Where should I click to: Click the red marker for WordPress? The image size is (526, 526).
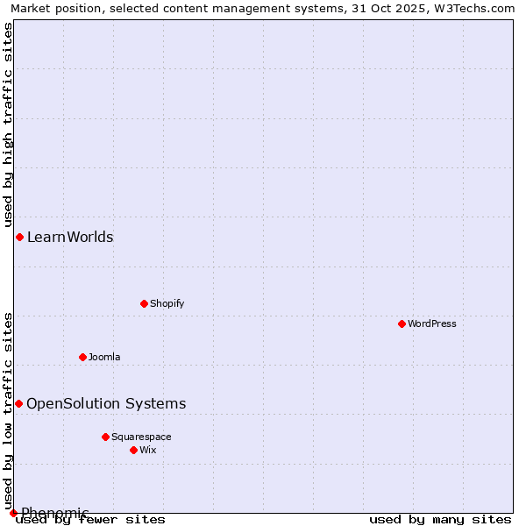402,323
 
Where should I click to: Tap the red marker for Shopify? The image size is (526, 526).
144,303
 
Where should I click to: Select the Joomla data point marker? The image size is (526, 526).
82,357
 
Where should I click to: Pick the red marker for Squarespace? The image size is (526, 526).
105,437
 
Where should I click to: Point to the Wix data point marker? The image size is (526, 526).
133,450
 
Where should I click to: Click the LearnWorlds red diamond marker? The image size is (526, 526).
19,237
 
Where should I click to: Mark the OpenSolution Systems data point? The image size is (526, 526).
18,403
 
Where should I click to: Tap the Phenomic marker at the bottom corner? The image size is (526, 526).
13,513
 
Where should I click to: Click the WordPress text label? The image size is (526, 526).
432,323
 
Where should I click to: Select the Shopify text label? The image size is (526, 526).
167,303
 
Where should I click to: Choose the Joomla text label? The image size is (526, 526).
104,357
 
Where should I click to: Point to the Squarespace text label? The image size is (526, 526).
141,437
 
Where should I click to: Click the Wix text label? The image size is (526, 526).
148,450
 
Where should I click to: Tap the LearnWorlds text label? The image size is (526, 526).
70,237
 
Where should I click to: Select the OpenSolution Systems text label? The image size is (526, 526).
106,403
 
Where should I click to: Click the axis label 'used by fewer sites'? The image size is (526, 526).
91,520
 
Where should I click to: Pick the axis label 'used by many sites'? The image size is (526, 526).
440,520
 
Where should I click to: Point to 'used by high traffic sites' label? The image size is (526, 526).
8,124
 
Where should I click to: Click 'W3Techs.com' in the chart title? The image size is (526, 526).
478,8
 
